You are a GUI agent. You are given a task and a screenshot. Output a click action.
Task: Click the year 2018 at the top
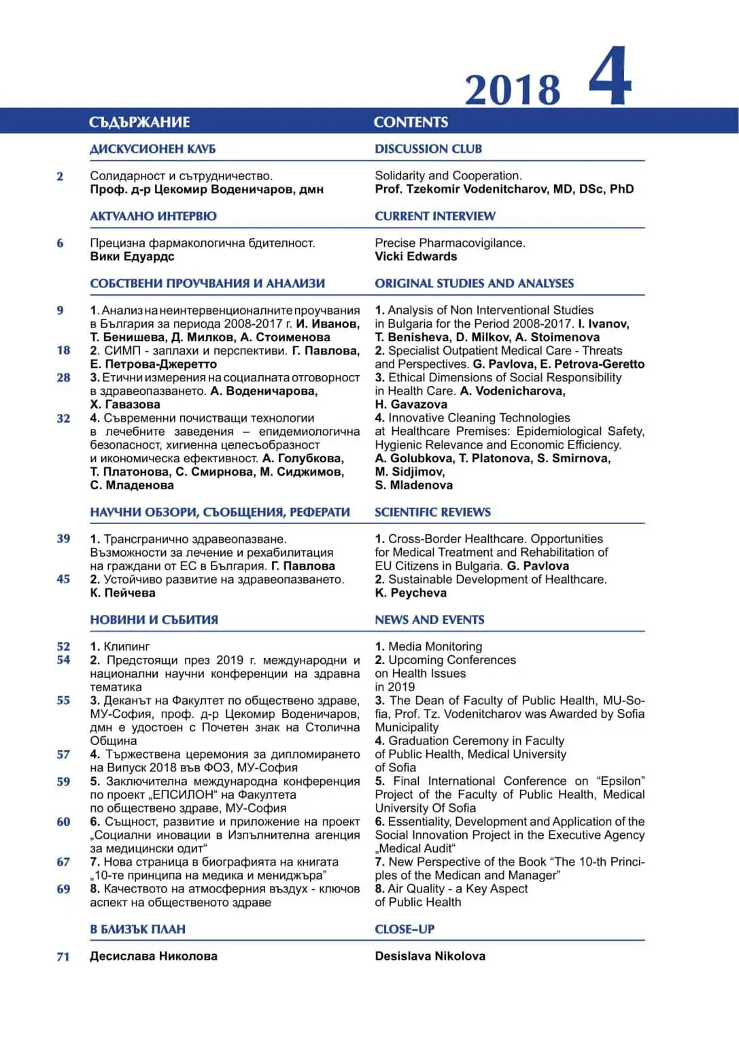click(x=513, y=90)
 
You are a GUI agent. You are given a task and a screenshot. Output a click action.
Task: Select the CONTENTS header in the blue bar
click(x=411, y=122)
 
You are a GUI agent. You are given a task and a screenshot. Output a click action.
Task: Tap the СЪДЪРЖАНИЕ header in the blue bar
click(x=139, y=122)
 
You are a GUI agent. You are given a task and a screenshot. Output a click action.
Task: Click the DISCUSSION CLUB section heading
click(x=428, y=149)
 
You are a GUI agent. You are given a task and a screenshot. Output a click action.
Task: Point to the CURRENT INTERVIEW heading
click(x=435, y=216)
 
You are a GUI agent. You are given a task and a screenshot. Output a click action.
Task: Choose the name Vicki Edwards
click(x=415, y=256)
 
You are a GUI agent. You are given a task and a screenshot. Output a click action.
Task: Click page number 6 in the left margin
click(x=61, y=243)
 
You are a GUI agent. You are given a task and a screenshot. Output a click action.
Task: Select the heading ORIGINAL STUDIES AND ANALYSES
click(x=474, y=283)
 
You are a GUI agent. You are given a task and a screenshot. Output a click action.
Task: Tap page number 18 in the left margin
click(x=63, y=351)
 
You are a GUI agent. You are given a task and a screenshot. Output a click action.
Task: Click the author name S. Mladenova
click(x=413, y=485)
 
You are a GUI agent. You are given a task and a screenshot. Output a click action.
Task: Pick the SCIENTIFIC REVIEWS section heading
click(x=432, y=512)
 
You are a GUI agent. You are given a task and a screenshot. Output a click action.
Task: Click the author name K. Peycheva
click(x=411, y=593)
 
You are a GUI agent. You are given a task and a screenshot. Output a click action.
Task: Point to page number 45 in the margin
click(x=63, y=579)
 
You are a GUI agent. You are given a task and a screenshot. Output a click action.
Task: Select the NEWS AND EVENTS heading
click(x=430, y=620)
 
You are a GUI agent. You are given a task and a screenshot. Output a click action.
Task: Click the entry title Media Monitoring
click(x=435, y=646)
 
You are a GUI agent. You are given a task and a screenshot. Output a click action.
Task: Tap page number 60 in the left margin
click(x=63, y=822)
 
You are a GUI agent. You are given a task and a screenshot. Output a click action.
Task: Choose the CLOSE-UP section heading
click(x=405, y=929)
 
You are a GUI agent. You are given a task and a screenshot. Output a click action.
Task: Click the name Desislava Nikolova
click(x=430, y=956)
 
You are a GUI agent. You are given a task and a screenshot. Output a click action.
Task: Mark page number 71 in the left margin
click(x=63, y=957)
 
